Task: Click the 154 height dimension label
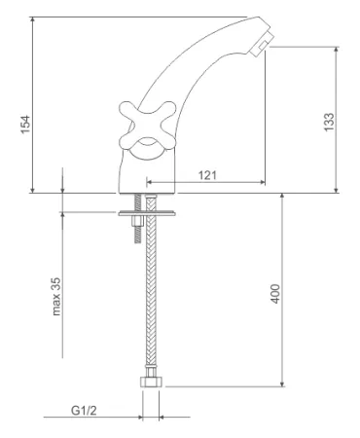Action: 25,125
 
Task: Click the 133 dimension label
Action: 329,122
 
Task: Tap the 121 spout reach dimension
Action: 207,175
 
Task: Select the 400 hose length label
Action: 275,294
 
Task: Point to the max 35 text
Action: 56,297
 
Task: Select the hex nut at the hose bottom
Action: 151,382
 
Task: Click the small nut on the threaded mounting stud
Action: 138,222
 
